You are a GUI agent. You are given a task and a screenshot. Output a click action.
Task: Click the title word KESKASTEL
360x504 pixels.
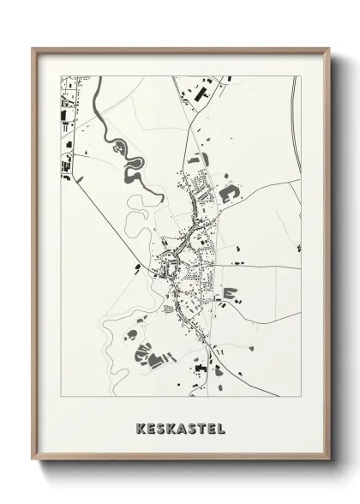pos(180,425)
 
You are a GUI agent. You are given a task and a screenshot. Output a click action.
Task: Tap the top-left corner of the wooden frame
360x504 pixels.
pos(34,48)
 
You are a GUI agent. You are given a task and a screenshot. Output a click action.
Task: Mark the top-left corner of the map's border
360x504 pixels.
pos(60,76)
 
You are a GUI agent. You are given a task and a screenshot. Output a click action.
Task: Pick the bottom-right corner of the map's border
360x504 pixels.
pos(301,391)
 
